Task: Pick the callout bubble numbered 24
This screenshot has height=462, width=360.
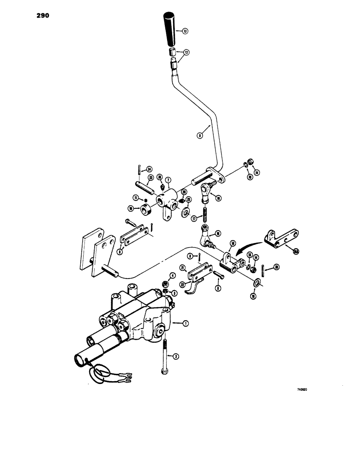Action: click(x=149, y=169)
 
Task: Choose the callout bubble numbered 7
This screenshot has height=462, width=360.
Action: click(x=169, y=180)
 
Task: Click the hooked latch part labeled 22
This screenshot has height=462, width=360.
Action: click(x=190, y=290)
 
